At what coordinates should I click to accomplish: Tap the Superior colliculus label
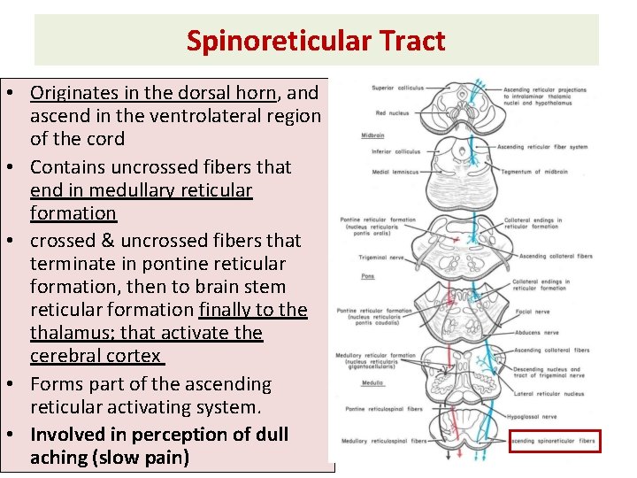coord(398,88)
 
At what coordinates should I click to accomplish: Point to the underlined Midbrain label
coord(372,135)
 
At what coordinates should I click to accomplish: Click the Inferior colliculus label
coord(395,151)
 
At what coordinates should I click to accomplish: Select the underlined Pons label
coord(367,276)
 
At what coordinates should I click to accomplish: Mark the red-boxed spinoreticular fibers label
coord(556,440)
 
